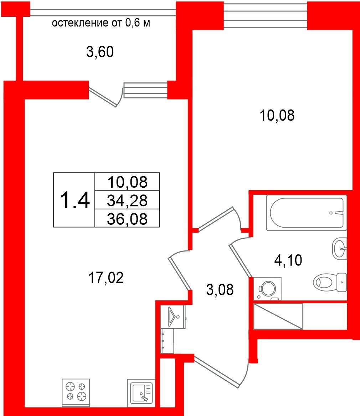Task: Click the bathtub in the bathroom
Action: (x=307, y=213)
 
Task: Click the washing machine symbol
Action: (x=267, y=289)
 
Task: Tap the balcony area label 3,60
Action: (x=100, y=52)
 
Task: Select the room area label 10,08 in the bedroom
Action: (x=277, y=116)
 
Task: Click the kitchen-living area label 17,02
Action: (x=106, y=278)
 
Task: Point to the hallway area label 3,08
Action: (x=220, y=289)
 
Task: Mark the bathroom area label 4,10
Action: (x=288, y=260)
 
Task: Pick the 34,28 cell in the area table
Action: (x=127, y=200)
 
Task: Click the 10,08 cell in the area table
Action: (x=127, y=182)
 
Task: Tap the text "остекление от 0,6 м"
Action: (x=101, y=23)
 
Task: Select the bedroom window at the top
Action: (x=265, y=15)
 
